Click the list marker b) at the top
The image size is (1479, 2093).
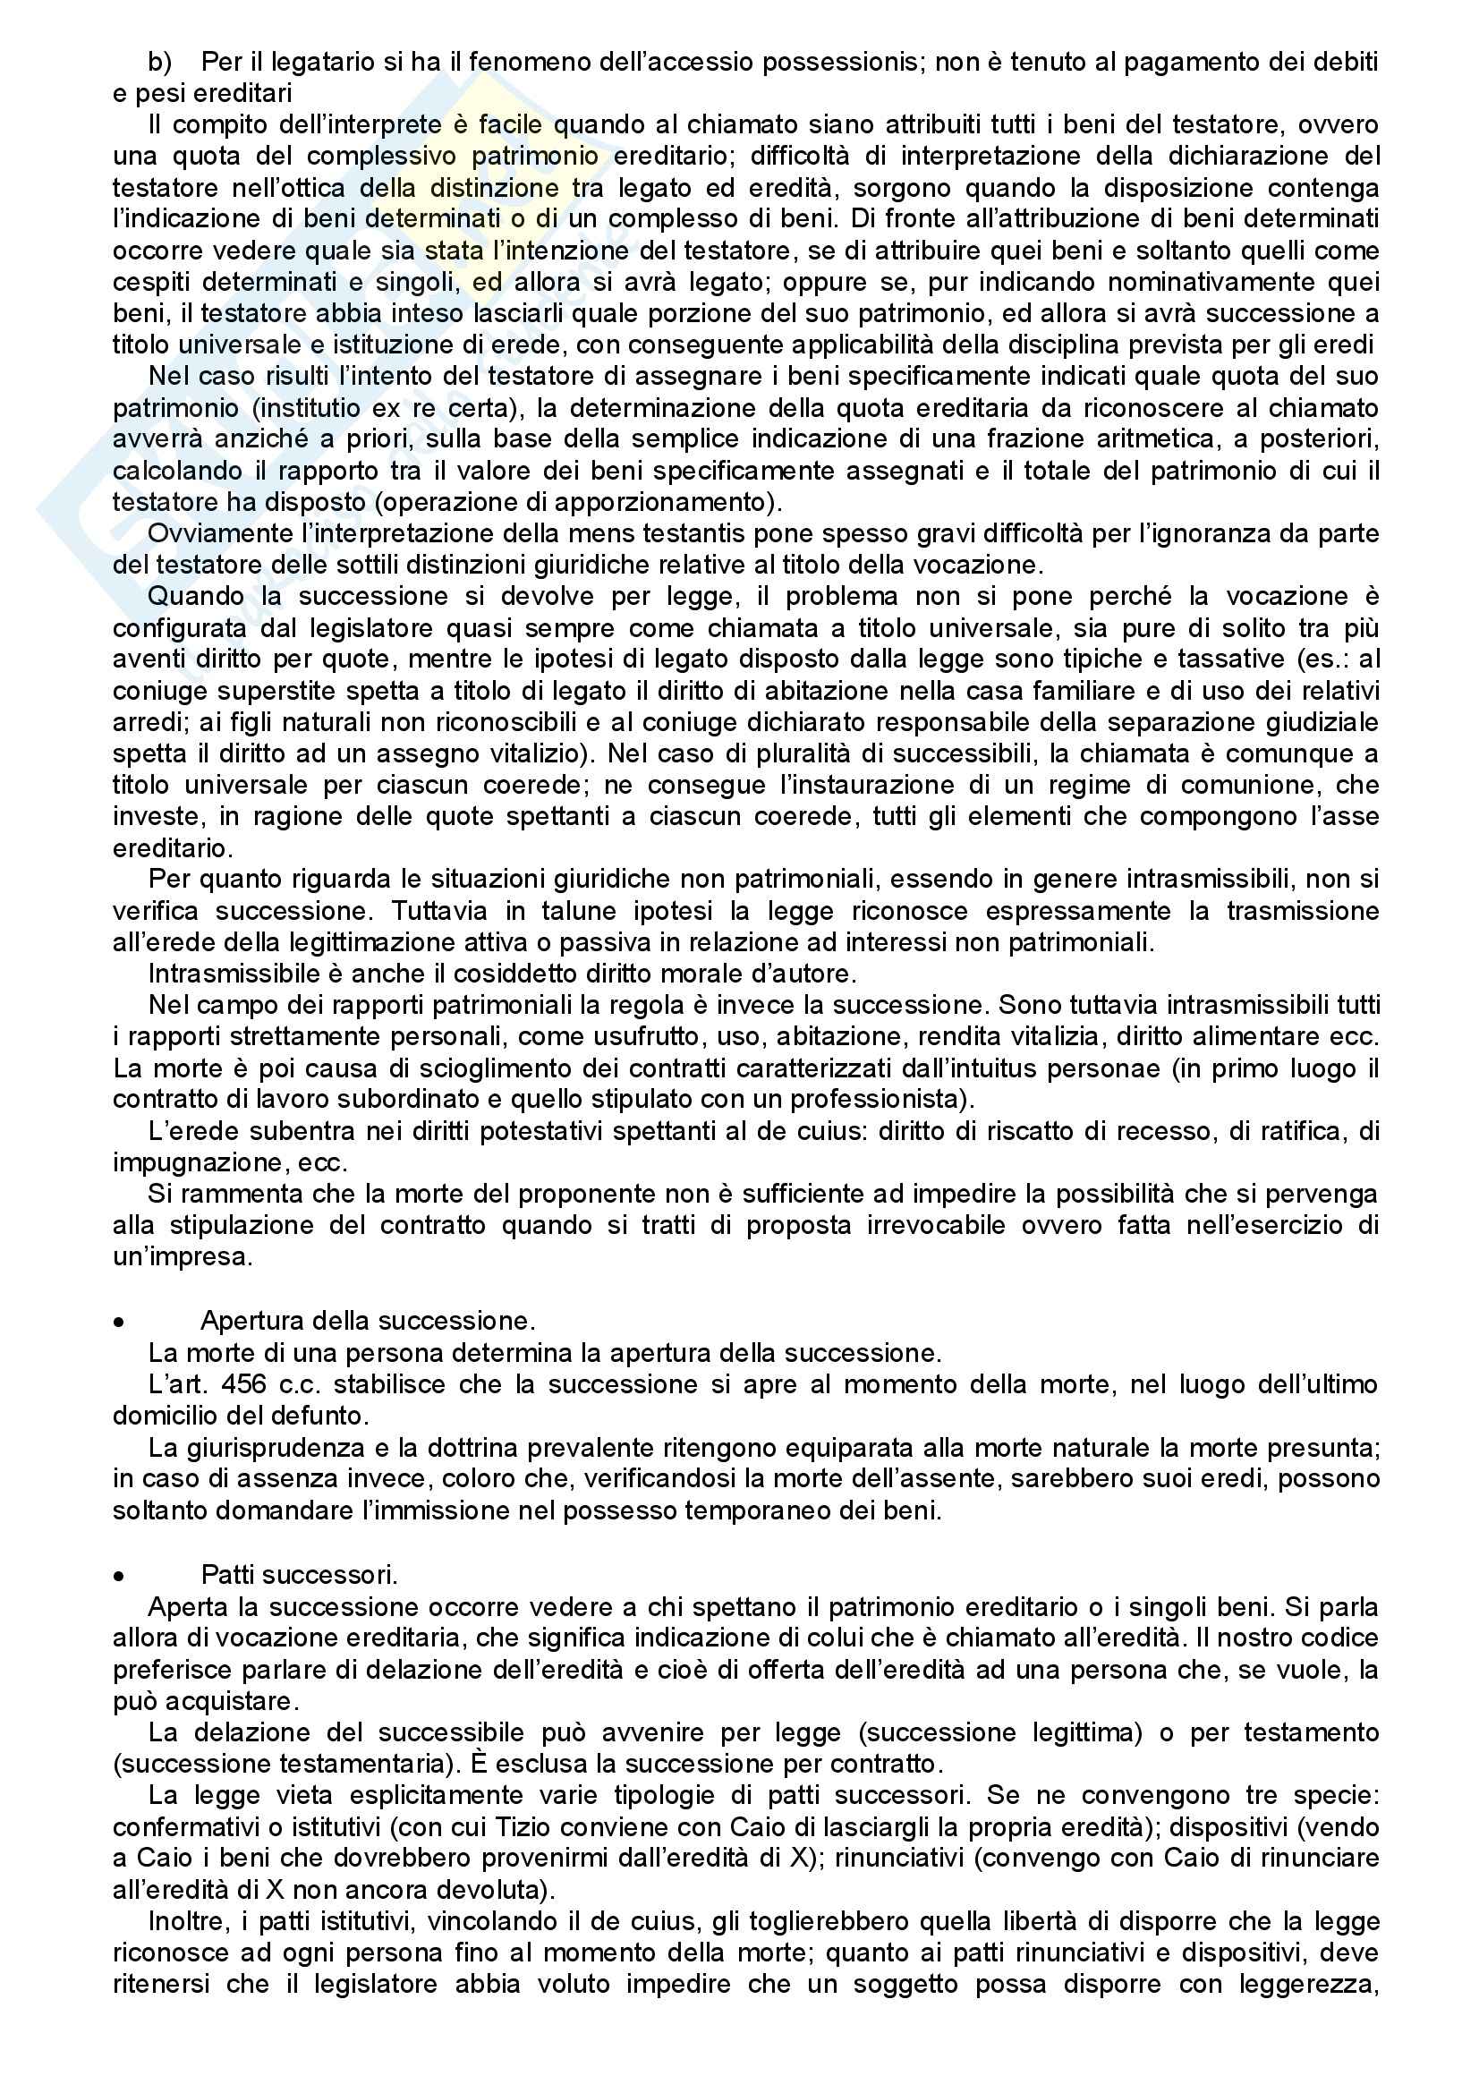(159, 62)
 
